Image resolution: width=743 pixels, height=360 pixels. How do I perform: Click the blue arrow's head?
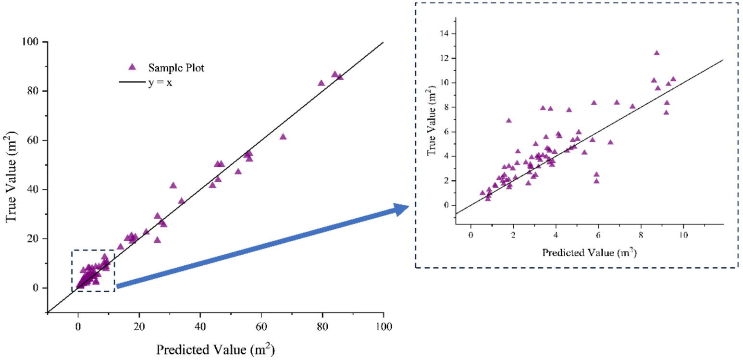pyautogui.click(x=401, y=209)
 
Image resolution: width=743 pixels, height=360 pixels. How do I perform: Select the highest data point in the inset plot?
pyautogui.click(x=656, y=53)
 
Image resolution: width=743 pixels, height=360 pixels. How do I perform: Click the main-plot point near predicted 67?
pyautogui.click(x=283, y=137)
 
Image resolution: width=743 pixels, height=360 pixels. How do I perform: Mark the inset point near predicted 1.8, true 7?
pyautogui.click(x=508, y=121)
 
